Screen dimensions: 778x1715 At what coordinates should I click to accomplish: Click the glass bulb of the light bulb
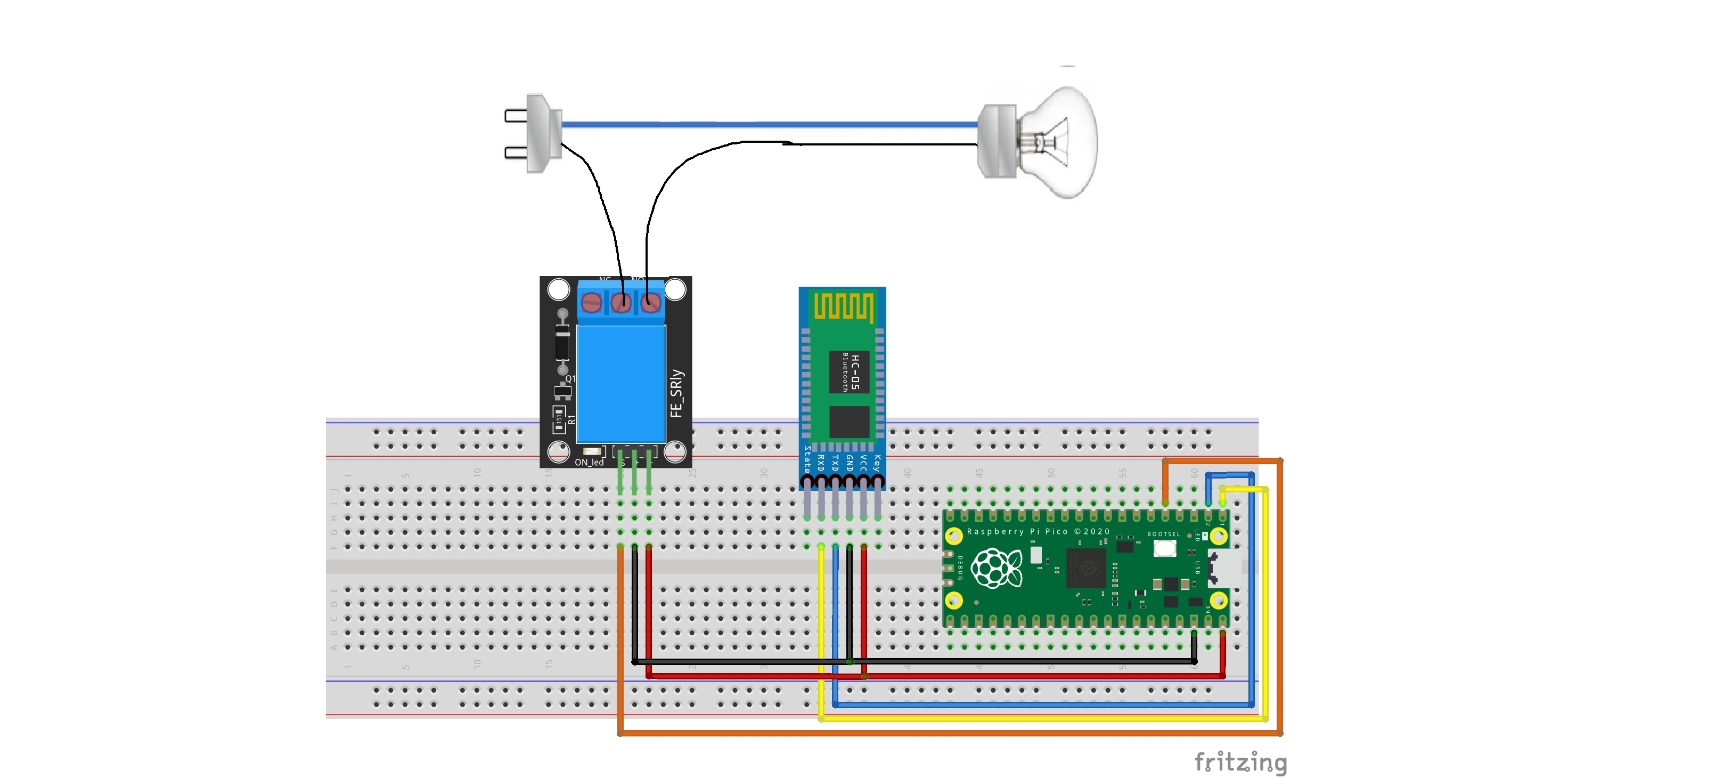1063,142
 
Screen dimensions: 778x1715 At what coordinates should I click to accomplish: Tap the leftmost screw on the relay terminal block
591,304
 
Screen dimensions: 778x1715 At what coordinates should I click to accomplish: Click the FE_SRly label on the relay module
676,394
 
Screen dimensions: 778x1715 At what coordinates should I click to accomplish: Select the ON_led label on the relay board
589,463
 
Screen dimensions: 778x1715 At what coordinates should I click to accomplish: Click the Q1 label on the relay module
570,378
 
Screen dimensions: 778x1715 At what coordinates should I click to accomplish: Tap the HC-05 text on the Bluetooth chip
855,372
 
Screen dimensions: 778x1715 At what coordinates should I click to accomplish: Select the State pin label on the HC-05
807,459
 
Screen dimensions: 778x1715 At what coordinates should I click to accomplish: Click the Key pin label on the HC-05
878,463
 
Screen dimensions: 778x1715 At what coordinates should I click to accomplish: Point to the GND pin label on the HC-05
850,463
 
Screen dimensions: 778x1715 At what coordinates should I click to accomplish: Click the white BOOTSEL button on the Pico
1164,548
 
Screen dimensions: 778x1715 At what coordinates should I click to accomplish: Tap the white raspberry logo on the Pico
996,568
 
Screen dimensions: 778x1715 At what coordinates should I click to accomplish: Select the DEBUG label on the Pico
960,568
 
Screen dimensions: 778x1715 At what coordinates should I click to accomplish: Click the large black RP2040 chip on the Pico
1086,568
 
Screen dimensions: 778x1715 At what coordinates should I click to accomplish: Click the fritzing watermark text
1240,761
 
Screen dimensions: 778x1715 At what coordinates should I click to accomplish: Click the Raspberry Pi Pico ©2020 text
1038,532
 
